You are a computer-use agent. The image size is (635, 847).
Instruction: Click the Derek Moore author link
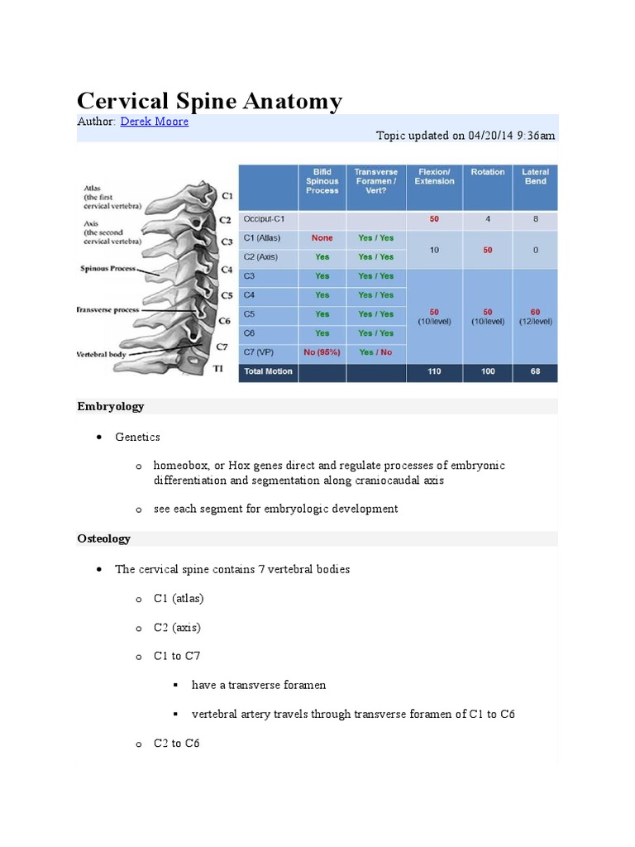(154, 122)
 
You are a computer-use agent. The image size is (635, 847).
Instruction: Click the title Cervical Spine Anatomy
(209, 101)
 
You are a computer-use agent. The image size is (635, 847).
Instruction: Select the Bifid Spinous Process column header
(322, 181)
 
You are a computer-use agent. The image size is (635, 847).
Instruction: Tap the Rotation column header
(488, 172)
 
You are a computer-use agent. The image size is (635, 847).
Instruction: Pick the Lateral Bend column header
(535, 177)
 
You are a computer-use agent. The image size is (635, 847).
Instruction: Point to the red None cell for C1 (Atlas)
(322, 238)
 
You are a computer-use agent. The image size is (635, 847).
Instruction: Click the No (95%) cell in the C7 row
(322, 352)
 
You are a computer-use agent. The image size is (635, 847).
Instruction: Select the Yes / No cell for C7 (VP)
(375, 352)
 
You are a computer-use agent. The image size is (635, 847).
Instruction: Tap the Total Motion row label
(268, 371)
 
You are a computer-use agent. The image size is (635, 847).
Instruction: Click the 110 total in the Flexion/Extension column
(434, 371)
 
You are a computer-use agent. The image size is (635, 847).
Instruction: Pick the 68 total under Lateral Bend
(535, 371)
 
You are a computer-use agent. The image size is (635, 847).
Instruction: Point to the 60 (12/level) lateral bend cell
(535, 317)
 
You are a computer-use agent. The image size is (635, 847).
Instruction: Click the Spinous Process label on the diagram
(108, 269)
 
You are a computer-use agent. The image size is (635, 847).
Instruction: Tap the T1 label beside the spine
(218, 369)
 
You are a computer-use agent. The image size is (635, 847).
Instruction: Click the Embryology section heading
(111, 406)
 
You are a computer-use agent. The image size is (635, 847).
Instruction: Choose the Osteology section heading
(104, 538)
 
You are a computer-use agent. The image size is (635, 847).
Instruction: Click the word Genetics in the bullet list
(138, 437)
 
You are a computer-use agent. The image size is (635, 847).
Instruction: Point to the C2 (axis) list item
(177, 627)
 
